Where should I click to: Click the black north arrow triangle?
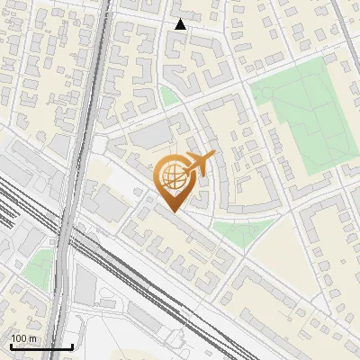coord(180,24)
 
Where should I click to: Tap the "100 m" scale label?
coord(23,338)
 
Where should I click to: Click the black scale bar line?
coord(41,347)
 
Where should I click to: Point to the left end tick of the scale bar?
coord(11,346)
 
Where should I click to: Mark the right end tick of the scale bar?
coord(72,346)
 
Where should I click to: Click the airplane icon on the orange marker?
coord(198,166)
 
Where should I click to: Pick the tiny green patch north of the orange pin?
coord(169,95)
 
